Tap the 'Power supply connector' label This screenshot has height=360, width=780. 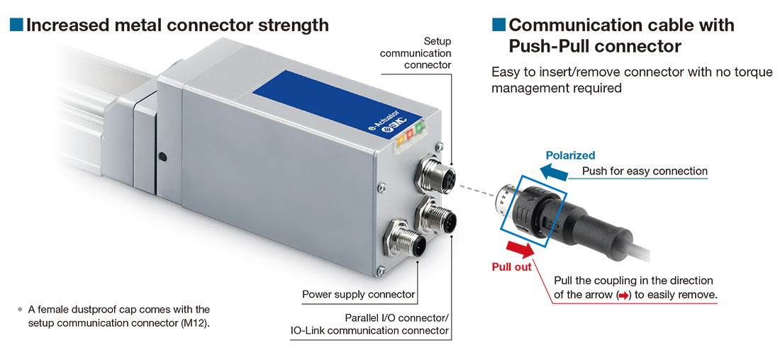(x=358, y=294)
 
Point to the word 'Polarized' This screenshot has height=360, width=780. (x=570, y=155)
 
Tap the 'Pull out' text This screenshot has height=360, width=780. (x=511, y=267)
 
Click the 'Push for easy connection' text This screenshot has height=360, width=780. (x=645, y=171)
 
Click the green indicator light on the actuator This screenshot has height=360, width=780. (x=420, y=128)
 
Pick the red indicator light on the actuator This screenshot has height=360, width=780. (x=410, y=134)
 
